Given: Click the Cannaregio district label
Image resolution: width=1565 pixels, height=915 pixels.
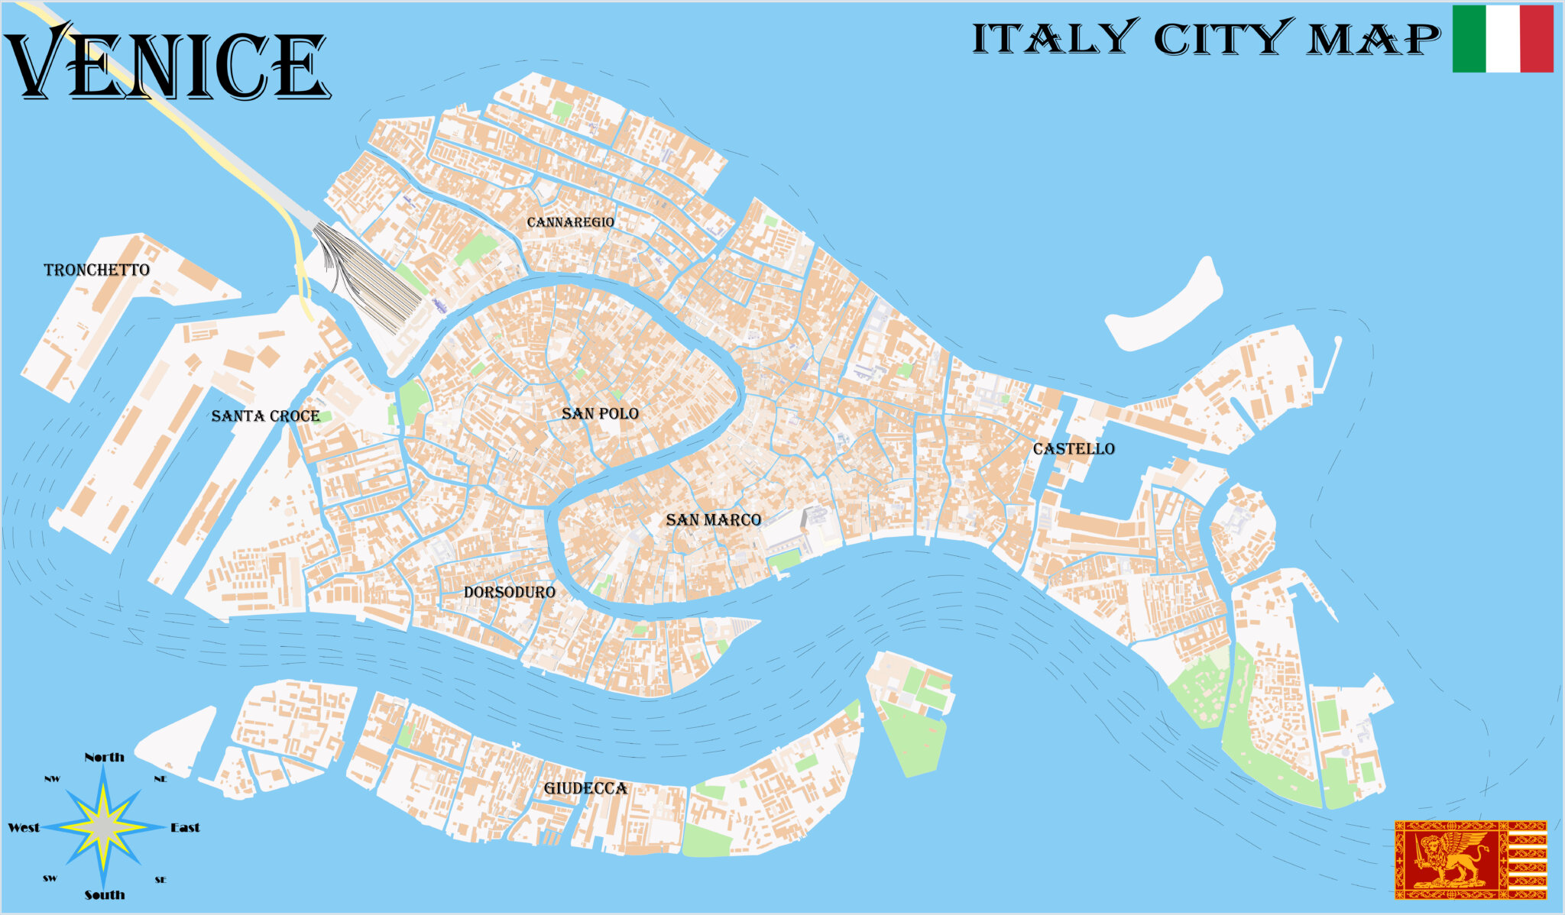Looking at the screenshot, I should pos(570,222).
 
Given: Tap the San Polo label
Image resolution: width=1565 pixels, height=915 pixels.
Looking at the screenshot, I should pos(600,413).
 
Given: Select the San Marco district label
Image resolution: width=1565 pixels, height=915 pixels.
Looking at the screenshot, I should pos(713,520).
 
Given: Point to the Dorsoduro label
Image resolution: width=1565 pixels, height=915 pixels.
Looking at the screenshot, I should pos(509,592).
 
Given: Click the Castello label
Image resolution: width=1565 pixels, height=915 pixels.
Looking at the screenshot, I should pos(1074,448).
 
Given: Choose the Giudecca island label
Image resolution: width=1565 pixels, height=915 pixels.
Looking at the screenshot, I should pos(585,788).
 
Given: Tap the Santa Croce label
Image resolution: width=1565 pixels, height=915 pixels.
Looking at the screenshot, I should pos(265,415).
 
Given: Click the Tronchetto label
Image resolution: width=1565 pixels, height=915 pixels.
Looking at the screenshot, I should pos(96,270).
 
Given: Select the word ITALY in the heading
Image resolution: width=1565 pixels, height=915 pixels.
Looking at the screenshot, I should pos(1055,38).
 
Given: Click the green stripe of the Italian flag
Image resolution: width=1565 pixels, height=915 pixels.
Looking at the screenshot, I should pos(1469,38).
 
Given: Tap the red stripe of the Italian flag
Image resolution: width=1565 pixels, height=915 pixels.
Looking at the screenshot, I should pos(1537,38).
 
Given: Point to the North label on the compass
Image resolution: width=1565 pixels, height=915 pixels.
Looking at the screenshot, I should pos(104,757).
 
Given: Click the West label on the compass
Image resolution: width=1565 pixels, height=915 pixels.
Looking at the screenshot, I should pos(24,827).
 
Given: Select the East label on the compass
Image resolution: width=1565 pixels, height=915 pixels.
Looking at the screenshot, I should pos(185,827).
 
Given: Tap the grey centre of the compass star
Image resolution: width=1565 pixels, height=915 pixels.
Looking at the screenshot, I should pos(104,827).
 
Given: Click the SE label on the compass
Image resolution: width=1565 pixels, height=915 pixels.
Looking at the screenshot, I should pos(160,880).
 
